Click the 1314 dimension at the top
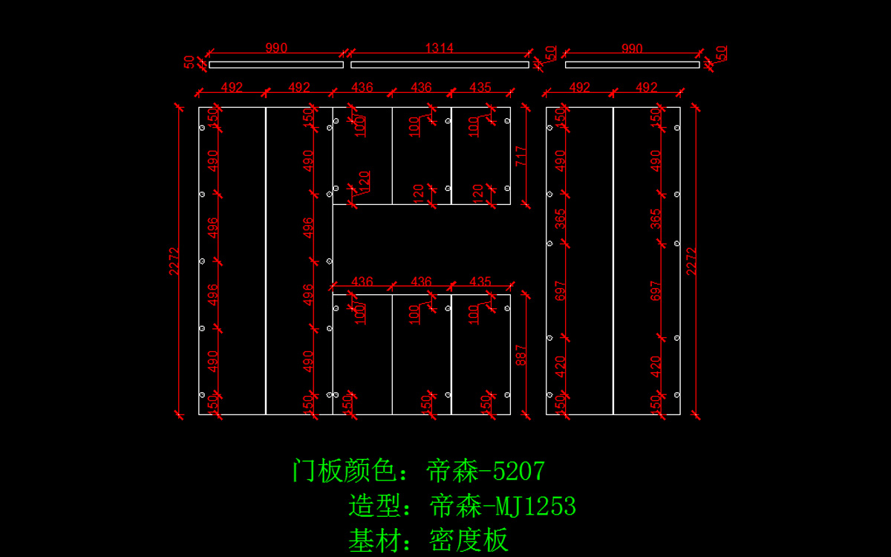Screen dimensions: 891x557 440,48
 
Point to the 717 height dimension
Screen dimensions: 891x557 520,155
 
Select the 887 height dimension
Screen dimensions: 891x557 520,355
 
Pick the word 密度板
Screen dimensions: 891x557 469,540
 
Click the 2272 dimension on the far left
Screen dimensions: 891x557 174,261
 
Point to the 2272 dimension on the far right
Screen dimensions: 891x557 691,261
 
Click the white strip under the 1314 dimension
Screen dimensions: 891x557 440,65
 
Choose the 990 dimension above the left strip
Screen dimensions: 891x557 276,48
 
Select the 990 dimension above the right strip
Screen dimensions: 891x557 632,48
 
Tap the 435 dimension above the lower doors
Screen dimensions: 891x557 480,282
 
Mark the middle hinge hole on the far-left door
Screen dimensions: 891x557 202,261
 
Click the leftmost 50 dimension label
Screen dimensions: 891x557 189,62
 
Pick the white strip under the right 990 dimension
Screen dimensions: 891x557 632,65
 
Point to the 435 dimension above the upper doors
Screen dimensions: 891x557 480,87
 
